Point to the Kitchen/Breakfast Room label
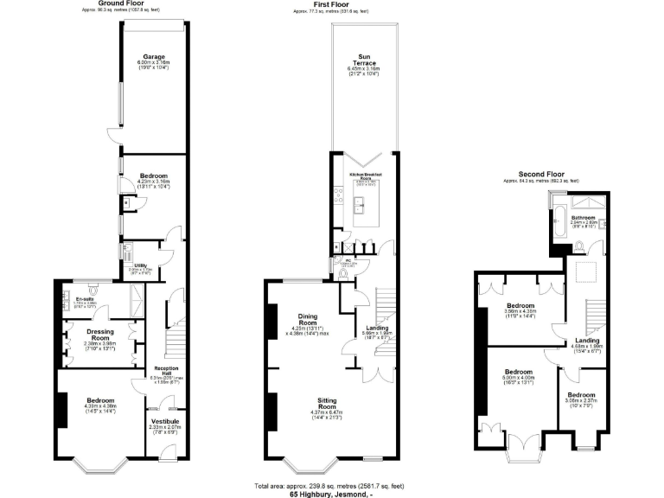point(366,176)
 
